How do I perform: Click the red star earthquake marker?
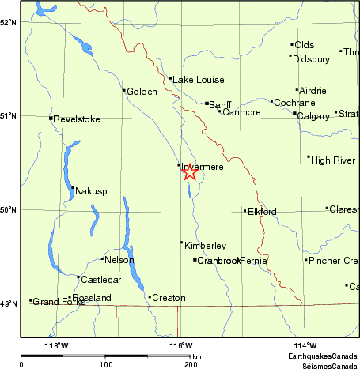(190, 172)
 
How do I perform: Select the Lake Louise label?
(199, 80)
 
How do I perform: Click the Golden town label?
(142, 92)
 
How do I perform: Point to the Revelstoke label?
(77, 119)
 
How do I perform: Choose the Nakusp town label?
(90, 190)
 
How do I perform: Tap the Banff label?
(220, 104)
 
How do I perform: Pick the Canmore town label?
(241, 112)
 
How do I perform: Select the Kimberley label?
(205, 247)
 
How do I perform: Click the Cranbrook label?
(218, 261)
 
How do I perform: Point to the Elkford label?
(262, 212)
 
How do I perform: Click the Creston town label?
(169, 298)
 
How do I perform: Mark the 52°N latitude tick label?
(9, 22)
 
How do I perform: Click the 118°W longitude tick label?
(56, 345)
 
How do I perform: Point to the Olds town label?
(304, 45)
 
